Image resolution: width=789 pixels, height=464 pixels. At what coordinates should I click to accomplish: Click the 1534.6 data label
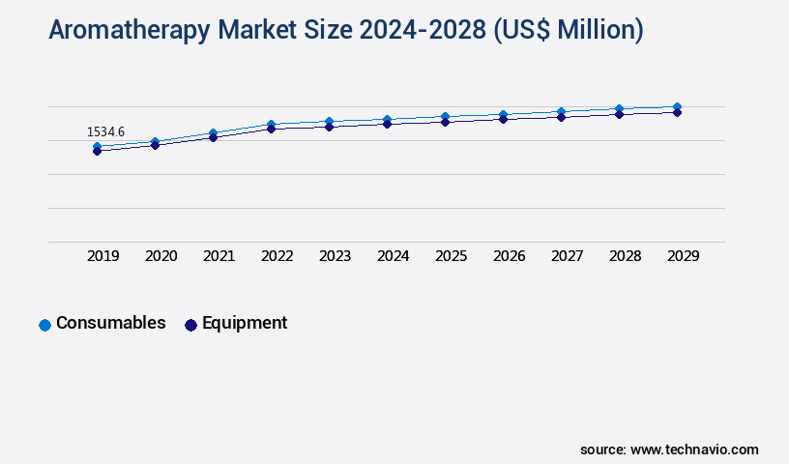click(x=105, y=131)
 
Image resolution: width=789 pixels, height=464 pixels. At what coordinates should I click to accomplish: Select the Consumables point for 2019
click(x=97, y=147)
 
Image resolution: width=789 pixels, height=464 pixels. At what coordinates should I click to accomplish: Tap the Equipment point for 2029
click(x=677, y=112)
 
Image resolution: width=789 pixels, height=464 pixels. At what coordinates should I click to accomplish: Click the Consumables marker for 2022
click(x=271, y=124)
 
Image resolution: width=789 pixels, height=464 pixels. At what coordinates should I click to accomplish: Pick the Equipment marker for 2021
click(x=213, y=137)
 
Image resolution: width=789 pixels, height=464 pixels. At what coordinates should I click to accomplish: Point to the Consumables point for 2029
click(x=677, y=106)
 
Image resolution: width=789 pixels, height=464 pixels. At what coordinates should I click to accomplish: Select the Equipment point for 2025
click(x=445, y=122)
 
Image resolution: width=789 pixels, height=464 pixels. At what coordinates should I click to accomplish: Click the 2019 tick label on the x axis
click(x=103, y=256)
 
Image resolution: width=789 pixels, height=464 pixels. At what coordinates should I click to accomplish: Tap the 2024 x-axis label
click(x=394, y=256)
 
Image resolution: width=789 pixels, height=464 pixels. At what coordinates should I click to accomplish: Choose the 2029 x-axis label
click(x=684, y=256)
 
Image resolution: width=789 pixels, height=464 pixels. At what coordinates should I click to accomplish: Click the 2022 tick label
click(x=278, y=256)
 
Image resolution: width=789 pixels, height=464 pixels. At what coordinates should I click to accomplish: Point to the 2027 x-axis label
click(x=568, y=256)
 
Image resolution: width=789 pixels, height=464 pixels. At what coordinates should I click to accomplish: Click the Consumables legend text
click(x=111, y=323)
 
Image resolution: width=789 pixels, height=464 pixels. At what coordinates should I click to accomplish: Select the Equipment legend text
click(x=244, y=323)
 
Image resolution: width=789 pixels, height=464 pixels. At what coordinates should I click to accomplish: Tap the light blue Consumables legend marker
click(x=44, y=325)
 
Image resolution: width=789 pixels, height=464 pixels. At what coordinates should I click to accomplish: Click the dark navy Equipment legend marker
click(x=190, y=325)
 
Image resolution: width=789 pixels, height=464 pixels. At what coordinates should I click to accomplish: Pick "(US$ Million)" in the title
click(x=568, y=31)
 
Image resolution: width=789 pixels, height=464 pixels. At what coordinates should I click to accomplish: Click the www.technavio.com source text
click(x=694, y=449)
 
